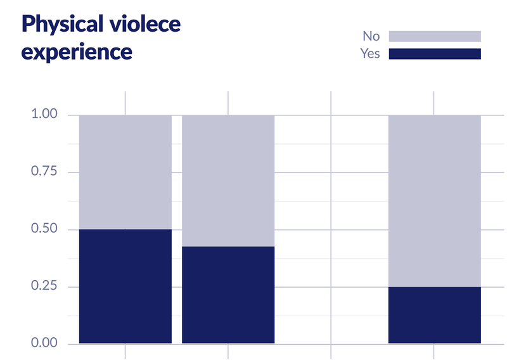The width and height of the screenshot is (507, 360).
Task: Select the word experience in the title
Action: pos(77,53)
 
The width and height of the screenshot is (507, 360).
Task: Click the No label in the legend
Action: pos(371,36)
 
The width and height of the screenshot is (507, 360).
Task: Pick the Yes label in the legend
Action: pos(370,54)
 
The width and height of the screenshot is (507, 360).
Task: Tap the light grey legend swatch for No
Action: pos(435,36)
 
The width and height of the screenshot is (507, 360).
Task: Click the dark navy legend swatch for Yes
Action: pos(435,54)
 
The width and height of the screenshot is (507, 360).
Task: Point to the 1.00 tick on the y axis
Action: pos(44,114)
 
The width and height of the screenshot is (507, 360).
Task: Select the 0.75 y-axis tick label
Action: pos(44,171)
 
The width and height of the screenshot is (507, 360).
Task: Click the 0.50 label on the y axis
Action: pos(44,228)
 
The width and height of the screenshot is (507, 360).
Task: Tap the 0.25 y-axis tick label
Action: pos(44,286)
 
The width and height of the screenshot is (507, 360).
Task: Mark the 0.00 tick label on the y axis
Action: pos(44,342)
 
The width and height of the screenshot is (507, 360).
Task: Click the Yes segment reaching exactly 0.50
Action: pos(125,286)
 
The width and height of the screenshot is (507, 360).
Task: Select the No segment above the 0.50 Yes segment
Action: pos(125,172)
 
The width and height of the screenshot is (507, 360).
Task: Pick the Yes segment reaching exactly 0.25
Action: pos(435,315)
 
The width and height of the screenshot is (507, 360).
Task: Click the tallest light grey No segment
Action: pos(435,201)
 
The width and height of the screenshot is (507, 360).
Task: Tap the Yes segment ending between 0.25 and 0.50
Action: pos(228,295)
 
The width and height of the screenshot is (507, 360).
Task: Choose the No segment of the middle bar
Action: pos(228,181)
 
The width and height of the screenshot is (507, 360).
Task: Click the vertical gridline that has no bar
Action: pos(331,225)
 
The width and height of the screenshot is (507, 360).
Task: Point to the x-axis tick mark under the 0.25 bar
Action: pos(433,352)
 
